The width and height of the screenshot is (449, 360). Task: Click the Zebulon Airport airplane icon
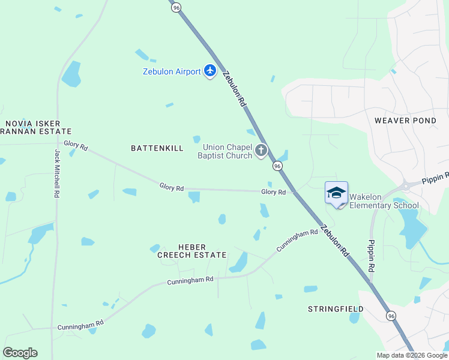(209, 71)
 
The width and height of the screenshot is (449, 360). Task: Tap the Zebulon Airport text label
(172, 72)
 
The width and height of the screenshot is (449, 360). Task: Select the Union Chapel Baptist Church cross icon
(261, 151)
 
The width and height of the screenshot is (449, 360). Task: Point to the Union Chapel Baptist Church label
(228, 152)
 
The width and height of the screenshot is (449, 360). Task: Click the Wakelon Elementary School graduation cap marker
(336, 193)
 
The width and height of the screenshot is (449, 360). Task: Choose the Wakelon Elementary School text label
(384, 201)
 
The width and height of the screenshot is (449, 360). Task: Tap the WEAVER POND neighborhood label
(405, 121)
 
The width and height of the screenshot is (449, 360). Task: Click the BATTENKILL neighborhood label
(157, 148)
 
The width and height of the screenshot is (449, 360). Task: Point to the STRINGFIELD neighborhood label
(336, 309)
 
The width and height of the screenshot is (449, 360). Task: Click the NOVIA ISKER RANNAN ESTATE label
(36, 127)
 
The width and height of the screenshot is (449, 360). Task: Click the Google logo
(20, 353)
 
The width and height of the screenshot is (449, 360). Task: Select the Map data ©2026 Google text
(411, 355)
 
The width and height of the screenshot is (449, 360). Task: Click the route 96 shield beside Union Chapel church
(277, 166)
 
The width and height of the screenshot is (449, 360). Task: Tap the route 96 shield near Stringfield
(391, 316)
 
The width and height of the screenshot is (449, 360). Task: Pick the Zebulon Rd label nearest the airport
(235, 89)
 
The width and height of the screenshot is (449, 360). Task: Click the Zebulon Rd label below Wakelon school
(334, 241)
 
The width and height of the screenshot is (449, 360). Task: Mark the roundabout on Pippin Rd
(406, 185)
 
